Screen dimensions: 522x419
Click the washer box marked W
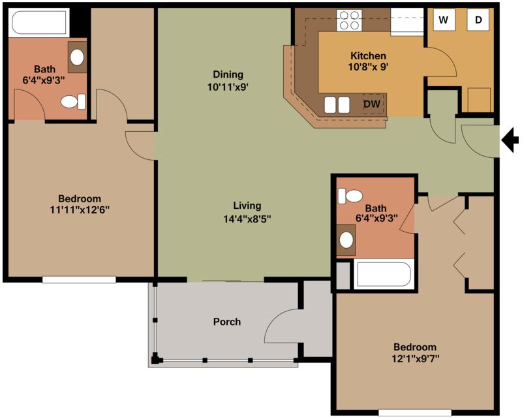444,20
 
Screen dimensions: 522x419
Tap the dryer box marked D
478,20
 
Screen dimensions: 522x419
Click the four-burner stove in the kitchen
349,20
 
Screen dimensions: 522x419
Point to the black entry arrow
510,140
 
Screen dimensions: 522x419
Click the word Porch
226,322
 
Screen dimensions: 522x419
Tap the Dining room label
228,74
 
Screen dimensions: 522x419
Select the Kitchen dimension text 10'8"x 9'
369,67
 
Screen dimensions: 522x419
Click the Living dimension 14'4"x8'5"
247,219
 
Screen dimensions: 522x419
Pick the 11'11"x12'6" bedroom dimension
80,210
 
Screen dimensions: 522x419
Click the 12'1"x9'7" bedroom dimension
415,359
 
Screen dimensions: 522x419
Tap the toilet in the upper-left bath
73,102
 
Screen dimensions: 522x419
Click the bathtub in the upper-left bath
39,23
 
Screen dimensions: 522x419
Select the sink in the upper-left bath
77,57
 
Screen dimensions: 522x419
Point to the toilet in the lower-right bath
350,196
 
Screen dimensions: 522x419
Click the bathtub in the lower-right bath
384,274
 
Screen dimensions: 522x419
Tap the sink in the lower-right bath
346,240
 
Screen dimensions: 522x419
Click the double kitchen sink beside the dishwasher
337,105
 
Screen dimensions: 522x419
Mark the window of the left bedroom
79,280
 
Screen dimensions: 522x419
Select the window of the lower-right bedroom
415,412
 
